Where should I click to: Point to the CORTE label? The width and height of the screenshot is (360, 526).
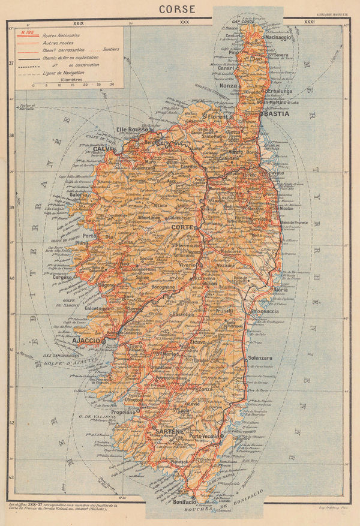[182, 228]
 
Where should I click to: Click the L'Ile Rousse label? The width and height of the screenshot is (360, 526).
[133, 130]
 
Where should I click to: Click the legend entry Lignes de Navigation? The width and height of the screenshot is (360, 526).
[64, 71]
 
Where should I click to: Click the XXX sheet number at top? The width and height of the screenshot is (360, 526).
[184, 22]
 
